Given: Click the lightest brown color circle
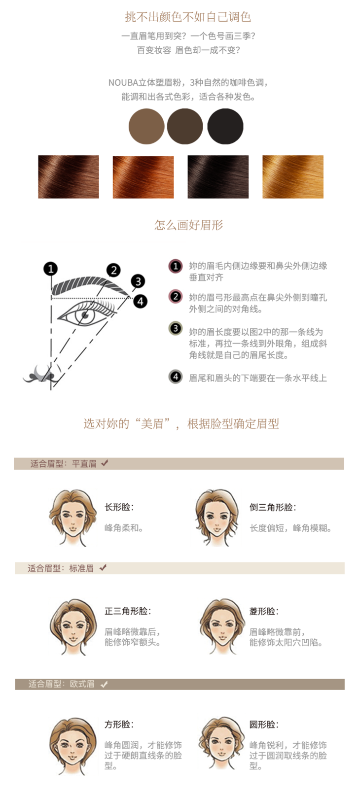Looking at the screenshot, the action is (x=146, y=127).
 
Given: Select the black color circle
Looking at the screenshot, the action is (x=225, y=127).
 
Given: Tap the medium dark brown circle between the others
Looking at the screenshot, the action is (x=185, y=127).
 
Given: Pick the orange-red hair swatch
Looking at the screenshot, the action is (x=144, y=177).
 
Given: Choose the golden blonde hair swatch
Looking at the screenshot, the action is (x=293, y=177).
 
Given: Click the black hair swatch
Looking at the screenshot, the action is (x=218, y=177).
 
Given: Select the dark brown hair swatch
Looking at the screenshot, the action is (x=69, y=177).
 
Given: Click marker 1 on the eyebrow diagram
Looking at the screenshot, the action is (x=51, y=269).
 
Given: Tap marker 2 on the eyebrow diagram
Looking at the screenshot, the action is (x=113, y=271).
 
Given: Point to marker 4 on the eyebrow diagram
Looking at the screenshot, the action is (x=141, y=302).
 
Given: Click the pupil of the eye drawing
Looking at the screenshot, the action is (x=85, y=314).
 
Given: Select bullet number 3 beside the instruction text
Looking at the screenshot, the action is (x=175, y=329).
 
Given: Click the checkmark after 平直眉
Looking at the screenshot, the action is (x=105, y=463).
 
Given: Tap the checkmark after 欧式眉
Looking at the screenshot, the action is (x=104, y=684).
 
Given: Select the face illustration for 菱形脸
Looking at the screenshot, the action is (x=222, y=627).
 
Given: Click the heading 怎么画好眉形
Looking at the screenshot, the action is (x=189, y=225).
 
